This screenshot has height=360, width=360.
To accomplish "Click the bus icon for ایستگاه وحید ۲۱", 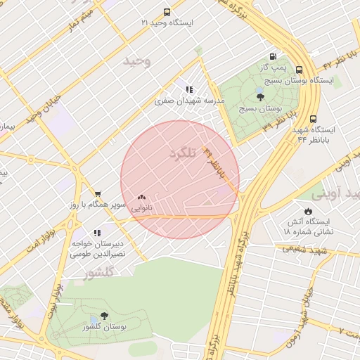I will pyautogui.click(x=167, y=13).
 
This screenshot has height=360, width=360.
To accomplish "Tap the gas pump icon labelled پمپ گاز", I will pyautogui.click(x=273, y=56).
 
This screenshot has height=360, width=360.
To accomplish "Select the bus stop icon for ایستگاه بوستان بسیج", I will pyautogui.click(x=300, y=70).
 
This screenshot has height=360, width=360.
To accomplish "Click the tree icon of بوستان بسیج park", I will pyautogui.click(x=261, y=98).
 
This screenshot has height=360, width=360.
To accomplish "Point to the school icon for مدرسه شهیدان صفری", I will pyautogui.click(x=189, y=89).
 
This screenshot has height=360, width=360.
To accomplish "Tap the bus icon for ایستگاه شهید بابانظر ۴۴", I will pyautogui.click(x=313, y=119).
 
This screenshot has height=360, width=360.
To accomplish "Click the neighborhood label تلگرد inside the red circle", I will pyautogui.click(x=182, y=153).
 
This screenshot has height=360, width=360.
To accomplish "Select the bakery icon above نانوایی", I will pyautogui.click(x=142, y=198).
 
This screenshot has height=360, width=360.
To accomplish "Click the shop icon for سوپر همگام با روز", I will pyautogui.click(x=98, y=194).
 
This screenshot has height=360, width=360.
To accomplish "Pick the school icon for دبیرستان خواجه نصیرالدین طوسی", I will pyautogui.click(x=97, y=232).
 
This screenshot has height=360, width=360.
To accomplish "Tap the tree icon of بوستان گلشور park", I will pyautogui.click(x=105, y=316).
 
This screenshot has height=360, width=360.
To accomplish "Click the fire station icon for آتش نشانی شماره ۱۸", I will pyautogui.click(x=308, y=210).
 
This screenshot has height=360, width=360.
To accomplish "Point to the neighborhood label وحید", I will pyautogui.click(x=137, y=62).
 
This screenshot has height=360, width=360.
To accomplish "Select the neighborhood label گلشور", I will pyautogui.click(x=98, y=273).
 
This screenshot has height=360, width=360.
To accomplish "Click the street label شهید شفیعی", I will pyautogui.click(x=304, y=249).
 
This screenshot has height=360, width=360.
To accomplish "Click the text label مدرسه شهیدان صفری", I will pyautogui.click(x=189, y=101).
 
